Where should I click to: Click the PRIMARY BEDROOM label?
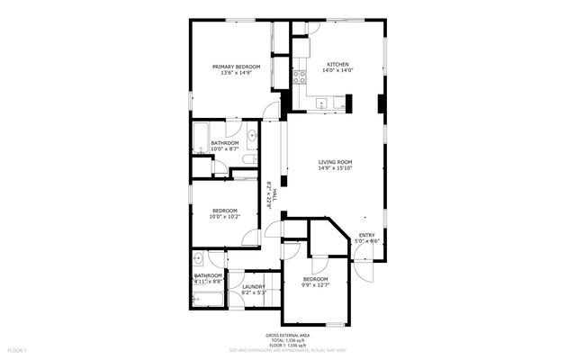236,67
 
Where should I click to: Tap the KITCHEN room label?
337,66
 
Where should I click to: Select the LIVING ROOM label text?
335,162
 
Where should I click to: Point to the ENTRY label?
366,236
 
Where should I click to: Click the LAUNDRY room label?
254,286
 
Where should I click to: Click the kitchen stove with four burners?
300,76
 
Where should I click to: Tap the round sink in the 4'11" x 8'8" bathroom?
199,260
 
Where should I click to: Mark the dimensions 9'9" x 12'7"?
315,285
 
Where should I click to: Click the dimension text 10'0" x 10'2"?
224,217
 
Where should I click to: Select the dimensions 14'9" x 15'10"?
335,168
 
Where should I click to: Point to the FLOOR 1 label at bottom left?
18,349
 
